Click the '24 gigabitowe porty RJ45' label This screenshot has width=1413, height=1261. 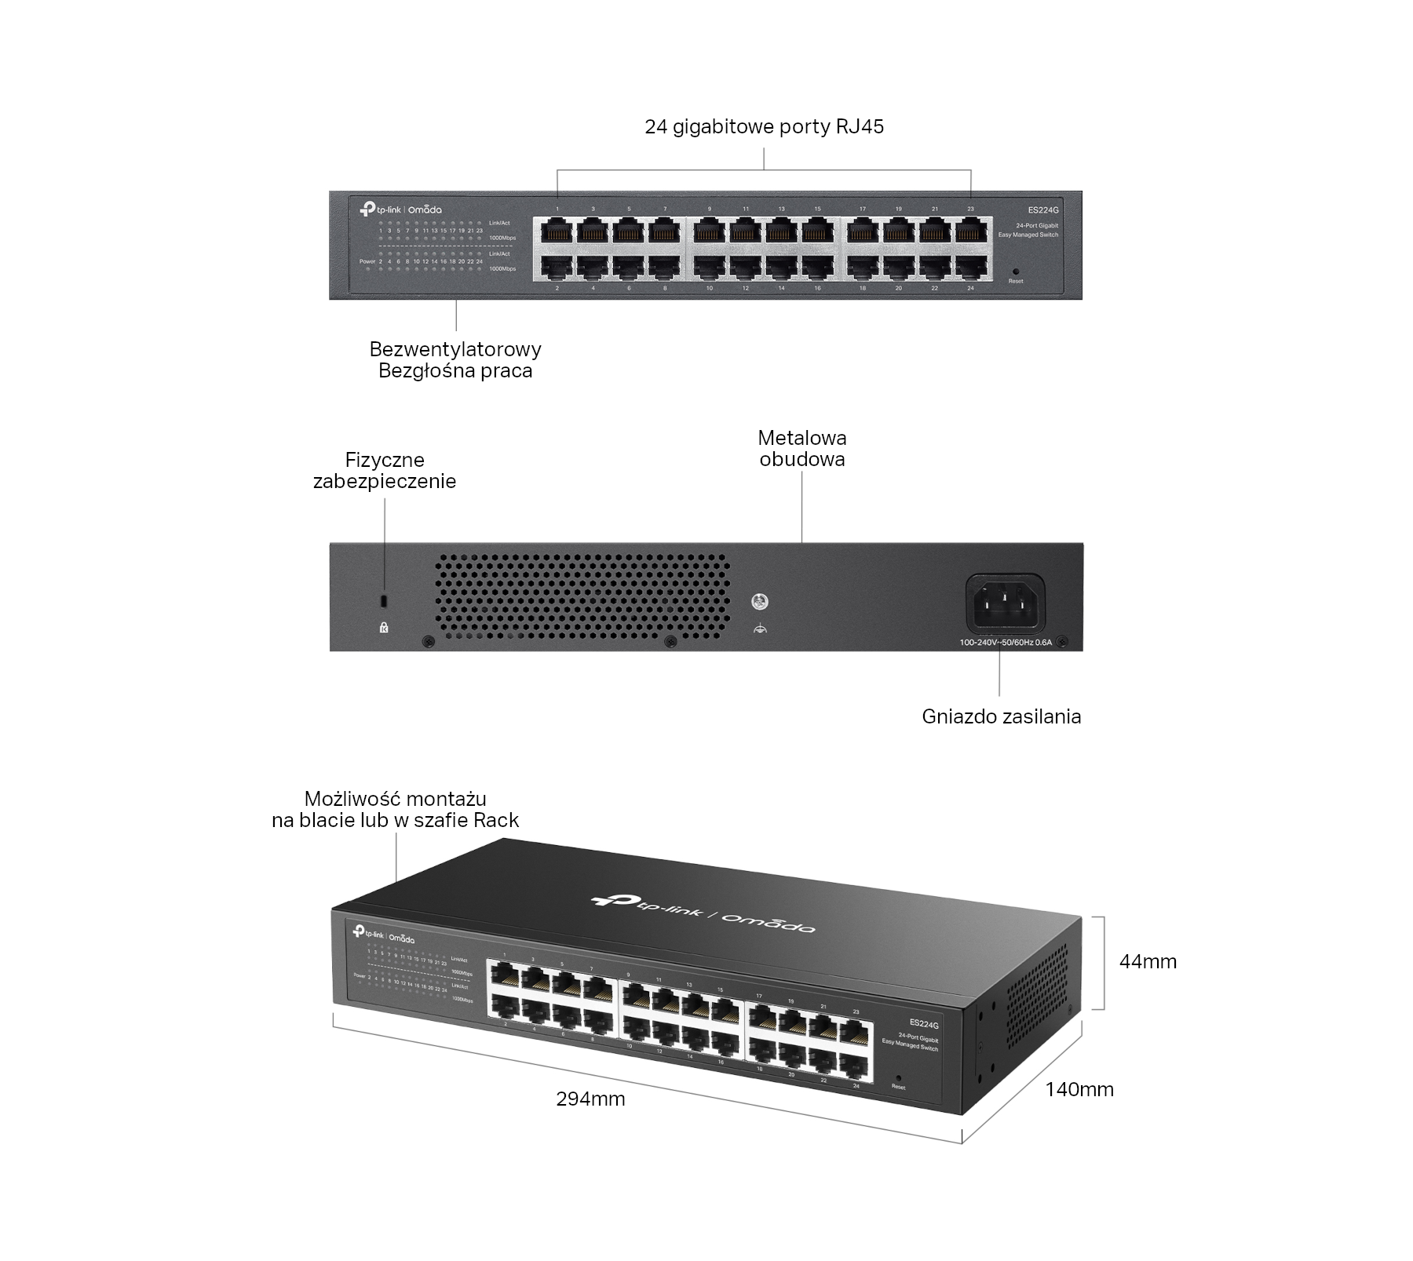tap(764, 127)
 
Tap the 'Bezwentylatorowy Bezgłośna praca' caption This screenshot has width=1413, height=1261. tap(455, 360)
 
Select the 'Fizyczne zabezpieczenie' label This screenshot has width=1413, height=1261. tap(385, 471)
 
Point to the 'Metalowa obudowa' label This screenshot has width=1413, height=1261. tap(802, 449)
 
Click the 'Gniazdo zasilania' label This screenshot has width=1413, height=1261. tap(1001, 716)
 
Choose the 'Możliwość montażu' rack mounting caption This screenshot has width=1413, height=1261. tap(396, 810)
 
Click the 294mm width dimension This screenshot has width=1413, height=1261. tap(590, 1099)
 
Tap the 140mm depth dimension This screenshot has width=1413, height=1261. tap(1079, 1089)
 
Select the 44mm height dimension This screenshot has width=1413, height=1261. tap(1148, 961)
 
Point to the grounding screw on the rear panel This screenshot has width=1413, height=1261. tap(759, 603)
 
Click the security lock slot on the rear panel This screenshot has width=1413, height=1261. tap(384, 601)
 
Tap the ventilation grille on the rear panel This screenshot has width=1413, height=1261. tap(582, 596)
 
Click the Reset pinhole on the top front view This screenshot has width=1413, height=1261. tap(1016, 272)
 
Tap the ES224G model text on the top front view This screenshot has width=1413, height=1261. tap(1043, 210)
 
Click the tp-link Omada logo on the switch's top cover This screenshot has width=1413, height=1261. tap(703, 913)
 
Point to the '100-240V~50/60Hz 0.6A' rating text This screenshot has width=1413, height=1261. tap(1005, 643)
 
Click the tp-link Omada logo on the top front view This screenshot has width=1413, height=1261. tap(400, 210)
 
